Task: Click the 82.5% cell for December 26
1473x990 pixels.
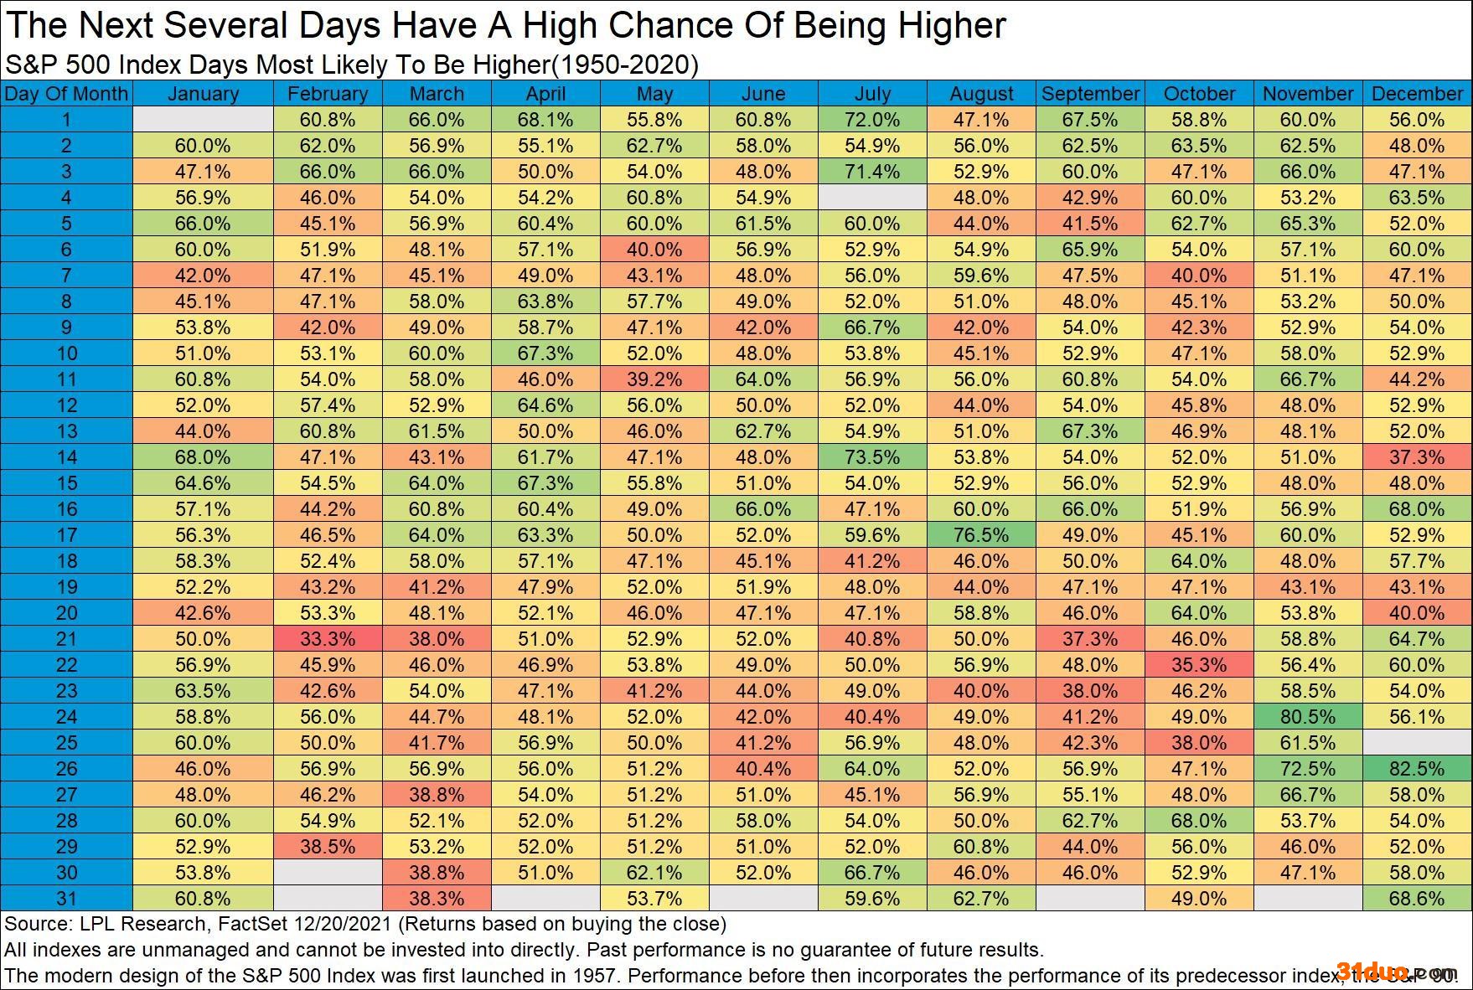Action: [1417, 769]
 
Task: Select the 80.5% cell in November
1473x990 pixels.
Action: [1308, 717]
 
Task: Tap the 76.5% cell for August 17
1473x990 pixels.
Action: [981, 535]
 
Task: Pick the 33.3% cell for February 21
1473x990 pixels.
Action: [328, 639]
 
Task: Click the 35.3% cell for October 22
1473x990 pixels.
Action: [1199, 665]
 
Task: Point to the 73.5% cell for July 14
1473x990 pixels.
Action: [872, 457]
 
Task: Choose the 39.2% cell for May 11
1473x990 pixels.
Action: [654, 379]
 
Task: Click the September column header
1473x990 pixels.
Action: [1090, 94]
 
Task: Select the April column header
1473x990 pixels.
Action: [545, 94]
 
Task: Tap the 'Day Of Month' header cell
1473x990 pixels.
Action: [66, 94]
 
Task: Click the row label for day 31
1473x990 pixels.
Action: [66, 899]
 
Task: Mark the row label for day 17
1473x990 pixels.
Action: [66, 535]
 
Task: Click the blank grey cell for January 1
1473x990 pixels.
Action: [203, 120]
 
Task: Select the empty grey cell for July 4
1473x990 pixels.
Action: [872, 198]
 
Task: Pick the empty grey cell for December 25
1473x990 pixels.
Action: [1417, 743]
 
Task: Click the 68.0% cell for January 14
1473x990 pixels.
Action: [203, 457]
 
